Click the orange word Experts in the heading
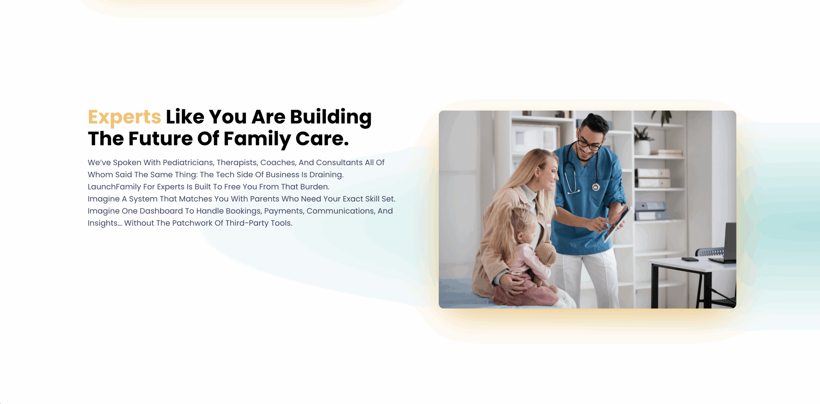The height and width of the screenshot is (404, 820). point(124,117)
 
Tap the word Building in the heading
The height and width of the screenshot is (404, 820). point(331,117)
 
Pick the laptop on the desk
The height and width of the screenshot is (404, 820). point(725,243)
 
